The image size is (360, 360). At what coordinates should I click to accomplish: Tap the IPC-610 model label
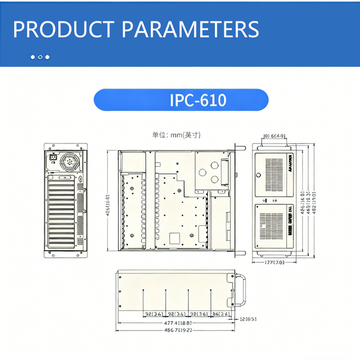coord(198,100)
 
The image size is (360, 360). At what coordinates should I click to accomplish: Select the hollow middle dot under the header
coord(40,57)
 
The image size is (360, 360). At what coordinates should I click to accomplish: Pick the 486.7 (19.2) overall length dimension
coord(177,330)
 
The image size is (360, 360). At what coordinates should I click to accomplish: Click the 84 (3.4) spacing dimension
coord(221,314)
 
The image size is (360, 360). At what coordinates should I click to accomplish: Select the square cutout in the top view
coord(174,237)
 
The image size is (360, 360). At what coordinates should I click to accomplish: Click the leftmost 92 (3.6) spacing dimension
coord(154,314)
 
